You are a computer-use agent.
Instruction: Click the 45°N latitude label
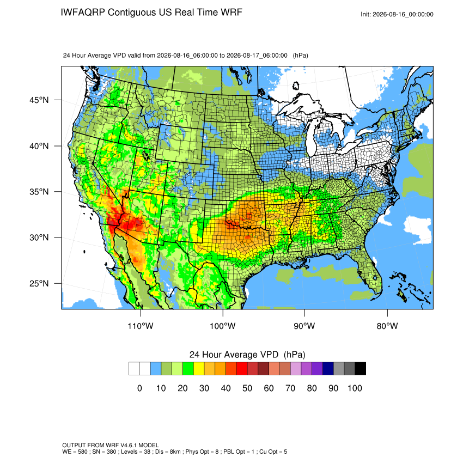point(39,100)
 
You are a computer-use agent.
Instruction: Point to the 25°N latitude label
point(39,283)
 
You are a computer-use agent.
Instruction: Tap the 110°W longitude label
point(141,326)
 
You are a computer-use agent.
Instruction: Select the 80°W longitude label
point(387,326)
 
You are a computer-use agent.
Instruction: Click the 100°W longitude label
point(223,326)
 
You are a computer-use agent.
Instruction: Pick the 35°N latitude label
point(39,192)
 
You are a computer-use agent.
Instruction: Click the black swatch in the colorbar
point(360,369)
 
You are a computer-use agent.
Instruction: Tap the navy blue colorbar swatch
point(328,369)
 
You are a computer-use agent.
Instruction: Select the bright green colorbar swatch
point(188,369)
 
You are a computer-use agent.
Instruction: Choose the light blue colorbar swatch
point(156,369)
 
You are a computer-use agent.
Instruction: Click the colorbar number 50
point(247,388)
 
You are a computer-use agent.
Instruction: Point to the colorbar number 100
point(355,388)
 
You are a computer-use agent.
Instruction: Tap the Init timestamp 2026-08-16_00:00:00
point(403,15)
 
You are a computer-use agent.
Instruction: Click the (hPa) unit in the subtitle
point(300,56)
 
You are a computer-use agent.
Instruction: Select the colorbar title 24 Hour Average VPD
point(234,355)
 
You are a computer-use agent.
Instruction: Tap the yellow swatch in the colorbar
point(199,369)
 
